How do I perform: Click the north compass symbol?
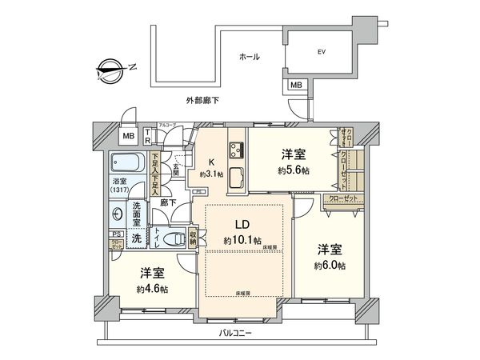(110, 69)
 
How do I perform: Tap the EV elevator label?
(322, 52)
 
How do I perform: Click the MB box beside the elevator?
(296, 85)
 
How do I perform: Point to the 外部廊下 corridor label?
(202, 101)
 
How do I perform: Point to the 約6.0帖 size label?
(330, 265)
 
